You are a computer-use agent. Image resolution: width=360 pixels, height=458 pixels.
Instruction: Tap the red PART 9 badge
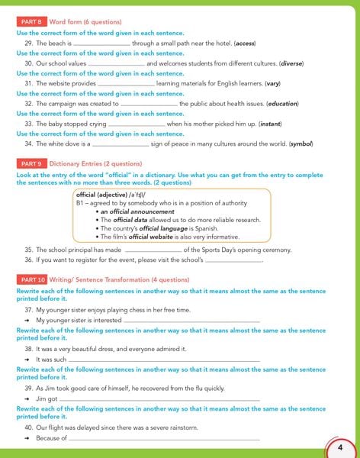[x=31, y=163]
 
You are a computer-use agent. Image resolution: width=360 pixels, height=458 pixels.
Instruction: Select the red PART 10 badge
[x=32, y=279]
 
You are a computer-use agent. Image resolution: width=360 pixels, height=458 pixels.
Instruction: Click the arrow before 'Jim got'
[x=27, y=398]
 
